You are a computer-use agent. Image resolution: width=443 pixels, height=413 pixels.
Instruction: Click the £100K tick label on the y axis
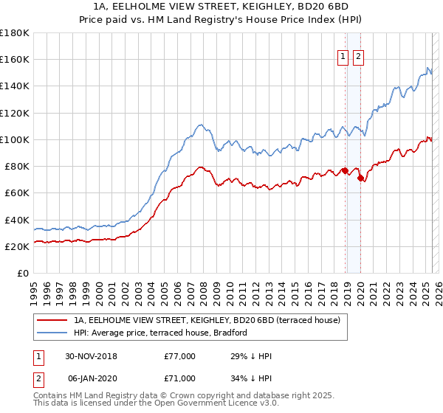[15, 139]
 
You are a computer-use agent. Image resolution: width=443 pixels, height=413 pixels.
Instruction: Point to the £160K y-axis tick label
[15, 59]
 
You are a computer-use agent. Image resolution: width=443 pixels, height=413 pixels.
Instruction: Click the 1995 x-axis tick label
[34, 288]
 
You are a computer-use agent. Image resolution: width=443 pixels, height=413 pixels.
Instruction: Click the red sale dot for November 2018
[345, 170]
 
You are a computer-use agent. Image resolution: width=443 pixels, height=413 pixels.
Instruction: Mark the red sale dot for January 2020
[360, 178]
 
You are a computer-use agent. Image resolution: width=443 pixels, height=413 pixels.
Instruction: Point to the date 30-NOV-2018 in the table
[92, 356]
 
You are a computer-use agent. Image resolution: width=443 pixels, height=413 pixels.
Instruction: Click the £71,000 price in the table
[179, 378]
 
